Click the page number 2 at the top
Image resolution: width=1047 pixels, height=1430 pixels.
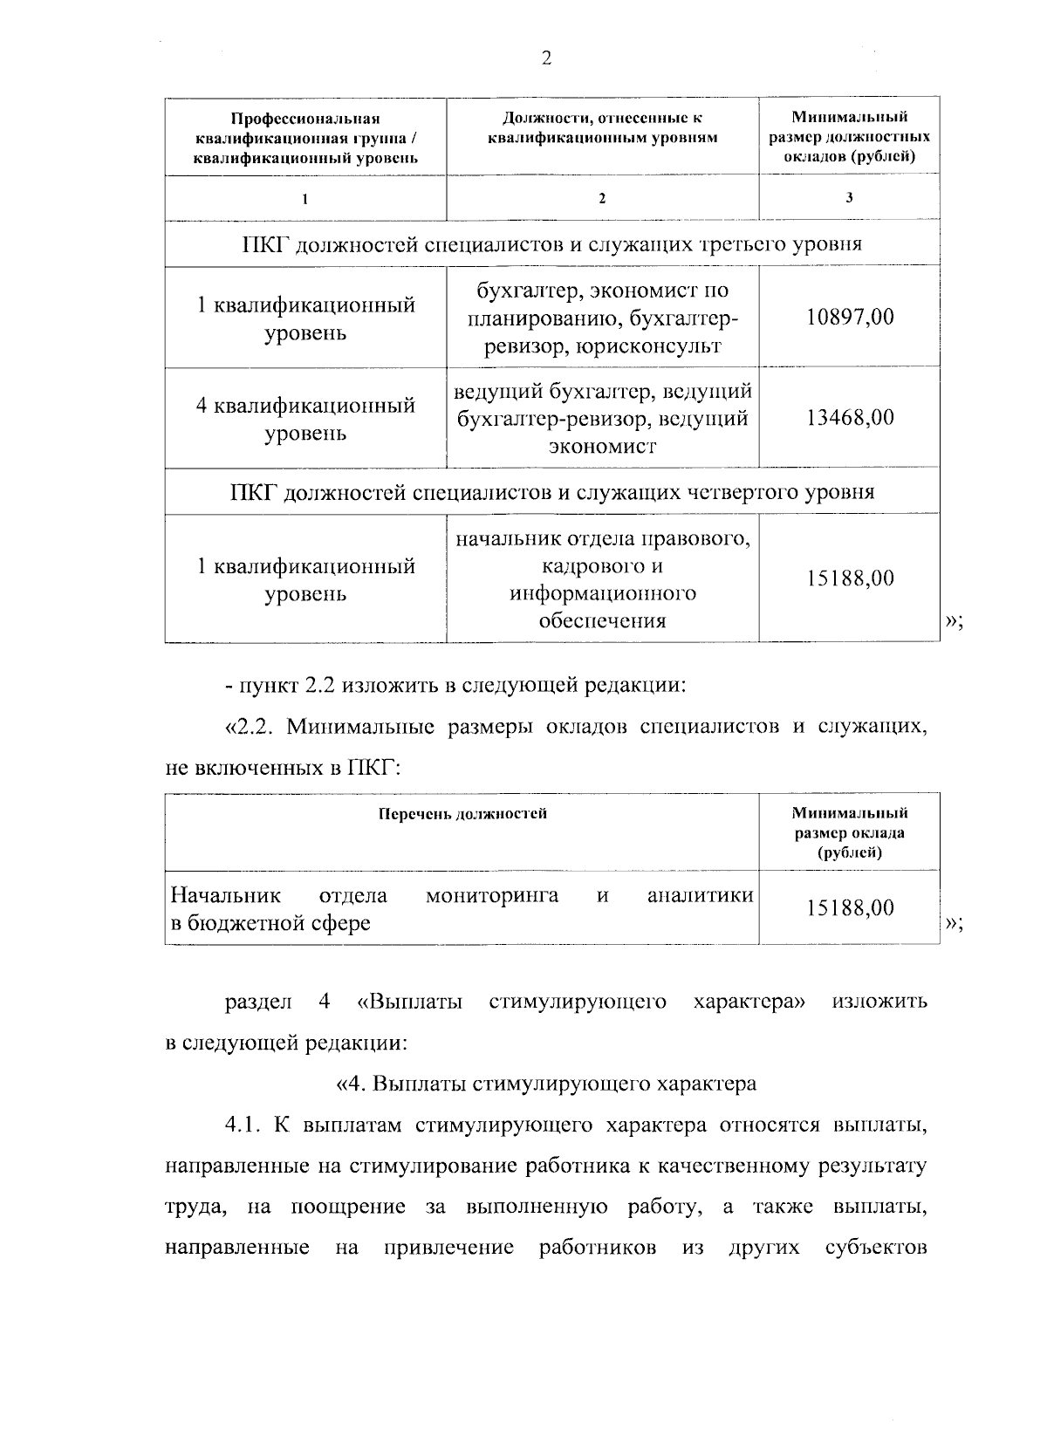pos(546,58)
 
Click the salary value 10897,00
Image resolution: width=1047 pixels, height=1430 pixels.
pos(850,317)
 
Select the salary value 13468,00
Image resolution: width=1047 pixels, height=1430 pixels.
pos(850,418)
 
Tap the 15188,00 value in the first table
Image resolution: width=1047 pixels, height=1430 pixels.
pos(850,578)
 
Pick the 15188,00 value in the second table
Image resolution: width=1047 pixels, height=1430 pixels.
pos(850,908)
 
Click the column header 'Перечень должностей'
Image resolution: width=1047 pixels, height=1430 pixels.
pos(462,814)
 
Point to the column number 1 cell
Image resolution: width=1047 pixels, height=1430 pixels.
pos(305,198)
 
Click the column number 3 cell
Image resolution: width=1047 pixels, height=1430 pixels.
pos(849,197)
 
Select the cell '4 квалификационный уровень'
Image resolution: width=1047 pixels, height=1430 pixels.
pos(305,419)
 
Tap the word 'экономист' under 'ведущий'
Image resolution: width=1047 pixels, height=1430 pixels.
pos(602,447)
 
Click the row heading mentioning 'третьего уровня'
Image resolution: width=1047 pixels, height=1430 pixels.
pos(551,243)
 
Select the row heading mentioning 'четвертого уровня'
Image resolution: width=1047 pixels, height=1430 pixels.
pos(551,492)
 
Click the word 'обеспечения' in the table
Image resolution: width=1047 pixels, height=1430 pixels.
pos(602,621)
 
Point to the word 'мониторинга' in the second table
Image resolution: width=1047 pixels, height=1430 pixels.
pos(492,895)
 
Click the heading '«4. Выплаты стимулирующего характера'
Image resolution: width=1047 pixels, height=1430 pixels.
pos(546,1084)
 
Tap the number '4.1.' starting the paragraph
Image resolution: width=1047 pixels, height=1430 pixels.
pos(243,1126)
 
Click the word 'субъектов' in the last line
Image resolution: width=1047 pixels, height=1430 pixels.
pos(876,1248)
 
